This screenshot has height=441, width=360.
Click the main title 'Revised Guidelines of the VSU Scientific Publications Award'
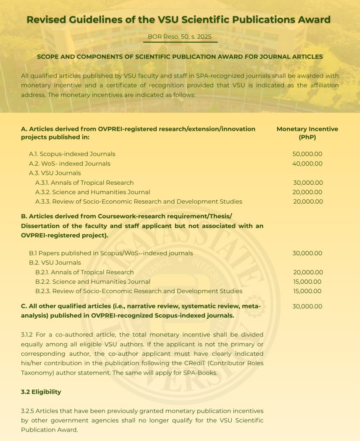(x=179, y=19)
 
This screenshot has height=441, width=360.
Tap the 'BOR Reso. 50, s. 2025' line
(x=180, y=37)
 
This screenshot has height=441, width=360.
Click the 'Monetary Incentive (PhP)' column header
(x=307, y=133)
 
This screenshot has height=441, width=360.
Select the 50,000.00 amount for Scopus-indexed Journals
(x=307, y=154)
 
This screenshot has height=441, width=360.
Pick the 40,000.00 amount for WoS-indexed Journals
(x=307, y=164)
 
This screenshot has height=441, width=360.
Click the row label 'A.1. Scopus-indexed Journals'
(x=72, y=154)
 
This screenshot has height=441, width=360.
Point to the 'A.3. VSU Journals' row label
(x=55, y=173)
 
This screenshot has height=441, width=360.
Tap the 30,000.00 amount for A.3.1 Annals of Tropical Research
(x=307, y=183)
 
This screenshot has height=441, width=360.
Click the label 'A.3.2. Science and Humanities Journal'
(x=93, y=192)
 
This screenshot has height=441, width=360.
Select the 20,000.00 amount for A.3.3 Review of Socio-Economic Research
(x=307, y=202)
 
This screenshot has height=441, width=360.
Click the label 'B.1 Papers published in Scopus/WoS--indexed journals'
(x=111, y=253)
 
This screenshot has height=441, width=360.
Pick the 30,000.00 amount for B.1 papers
(x=307, y=253)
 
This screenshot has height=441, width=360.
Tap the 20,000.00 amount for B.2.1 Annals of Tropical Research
(x=307, y=272)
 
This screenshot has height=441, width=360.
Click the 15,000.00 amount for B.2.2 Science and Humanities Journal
(x=307, y=282)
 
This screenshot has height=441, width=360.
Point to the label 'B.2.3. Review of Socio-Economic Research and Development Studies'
(x=139, y=291)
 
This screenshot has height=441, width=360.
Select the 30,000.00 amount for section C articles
(x=307, y=307)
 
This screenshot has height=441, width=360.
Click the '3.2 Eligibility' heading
(x=41, y=392)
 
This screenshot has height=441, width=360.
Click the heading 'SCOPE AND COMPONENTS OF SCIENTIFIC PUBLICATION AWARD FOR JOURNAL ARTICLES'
(x=180, y=56)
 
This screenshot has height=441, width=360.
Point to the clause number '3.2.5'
(x=28, y=411)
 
